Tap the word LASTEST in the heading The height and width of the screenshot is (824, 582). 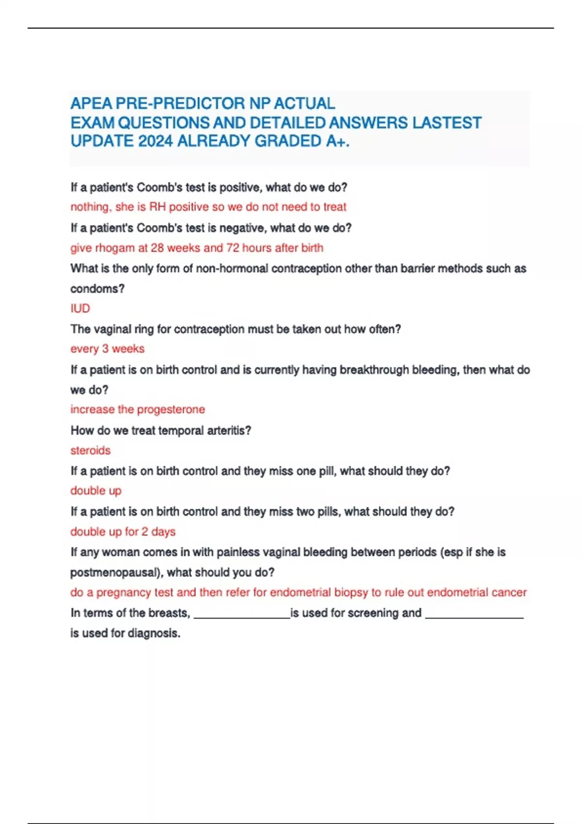447,123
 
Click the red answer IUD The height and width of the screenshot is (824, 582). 80,308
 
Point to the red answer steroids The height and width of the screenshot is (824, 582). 90,450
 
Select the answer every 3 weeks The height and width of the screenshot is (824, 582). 107,349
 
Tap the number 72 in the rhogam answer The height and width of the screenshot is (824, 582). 233,248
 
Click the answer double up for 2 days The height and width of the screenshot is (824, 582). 123,532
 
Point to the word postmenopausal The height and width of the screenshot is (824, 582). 115,572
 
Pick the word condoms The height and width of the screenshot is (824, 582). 97,289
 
